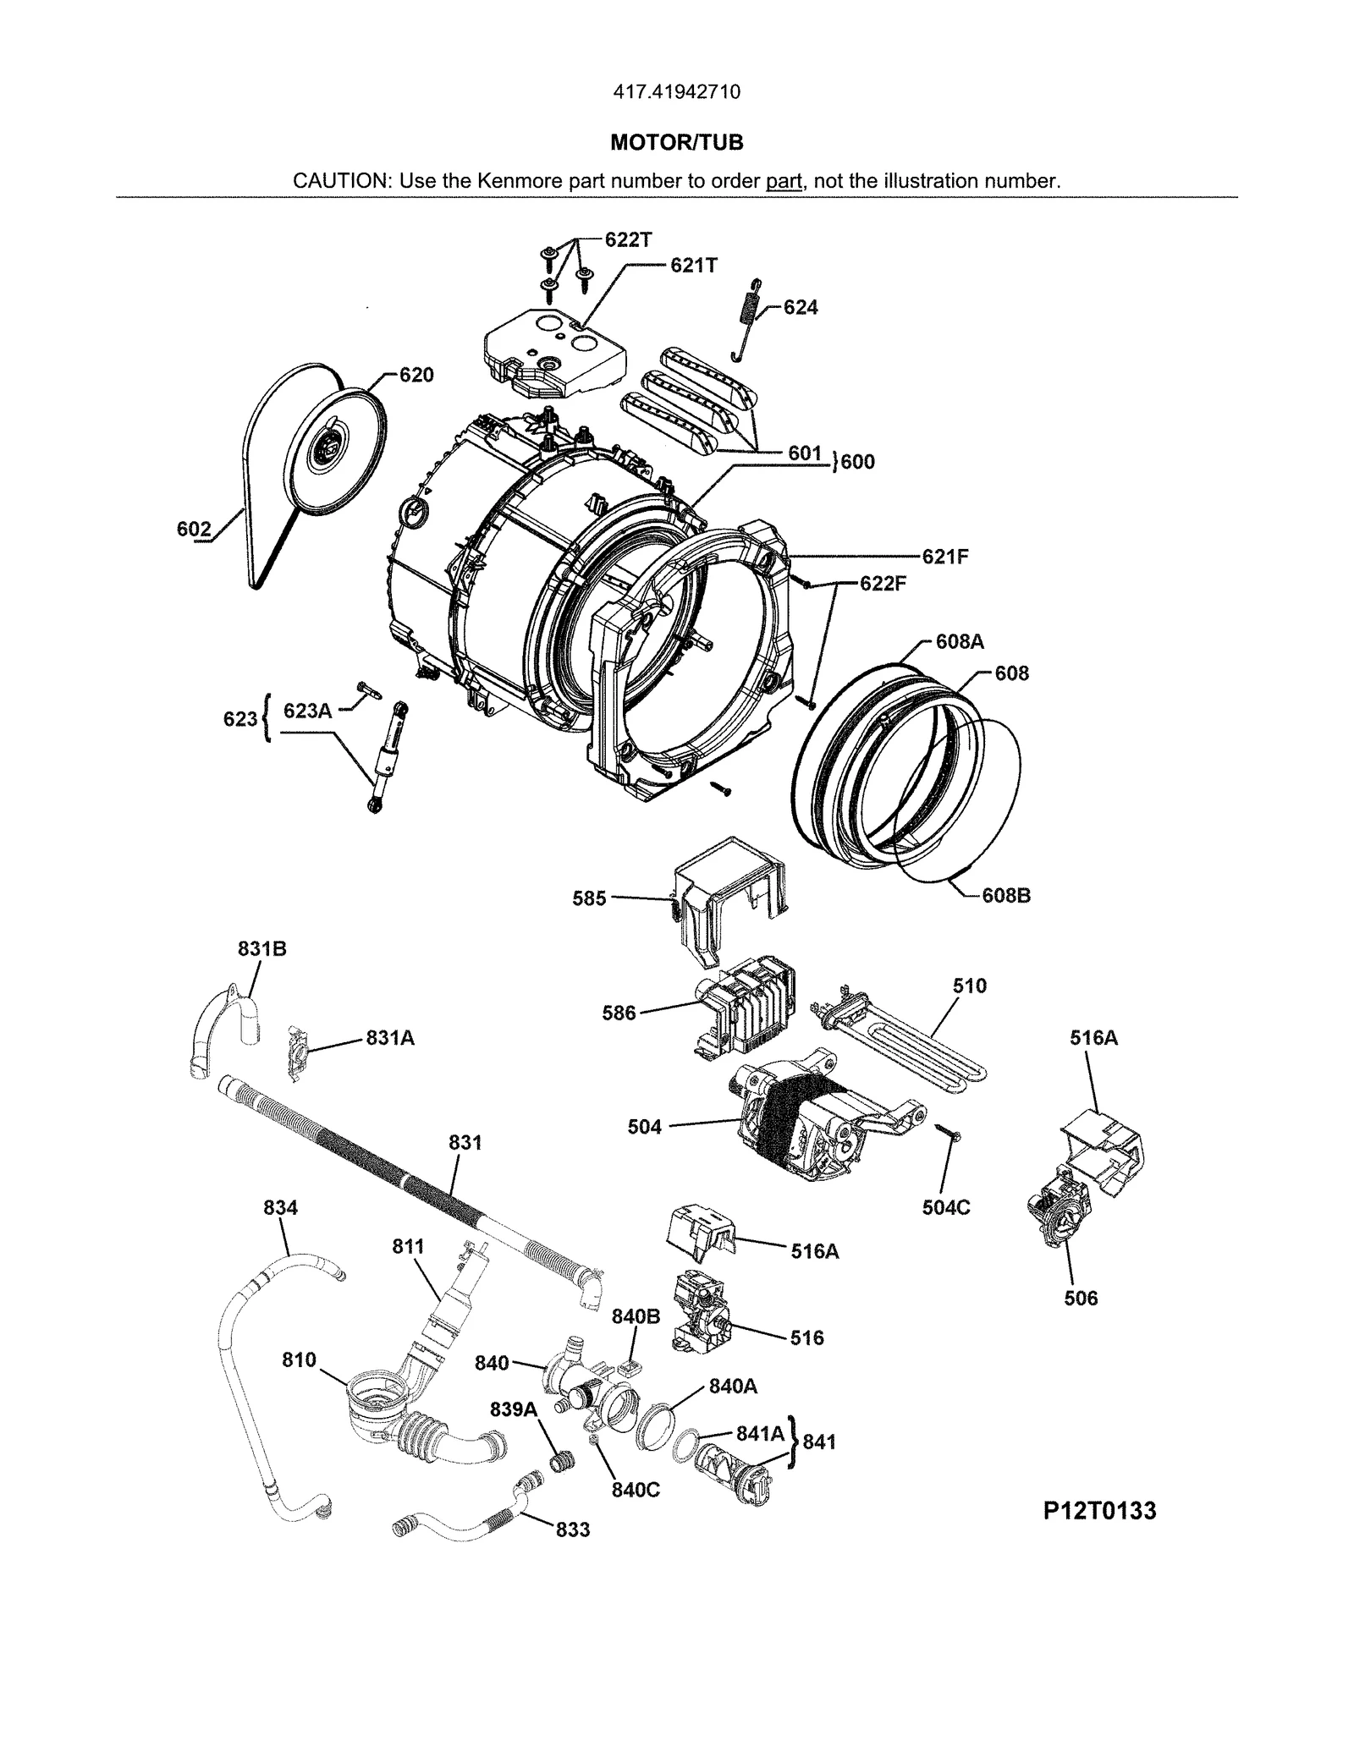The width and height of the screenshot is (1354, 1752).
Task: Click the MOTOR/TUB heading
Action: click(676, 143)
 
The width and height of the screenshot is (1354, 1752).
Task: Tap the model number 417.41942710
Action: click(676, 92)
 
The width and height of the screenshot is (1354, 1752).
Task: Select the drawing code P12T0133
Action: click(1099, 1510)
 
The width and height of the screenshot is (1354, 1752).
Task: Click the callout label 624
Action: click(800, 308)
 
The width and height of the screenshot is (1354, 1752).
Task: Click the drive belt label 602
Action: click(194, 530)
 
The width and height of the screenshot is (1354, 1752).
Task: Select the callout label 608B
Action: click(1005, 895)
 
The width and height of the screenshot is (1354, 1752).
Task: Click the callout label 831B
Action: click(261, 949)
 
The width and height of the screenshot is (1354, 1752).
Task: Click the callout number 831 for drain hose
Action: click(465, 1143)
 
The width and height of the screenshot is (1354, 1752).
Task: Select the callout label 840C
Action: click(635, 1490)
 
